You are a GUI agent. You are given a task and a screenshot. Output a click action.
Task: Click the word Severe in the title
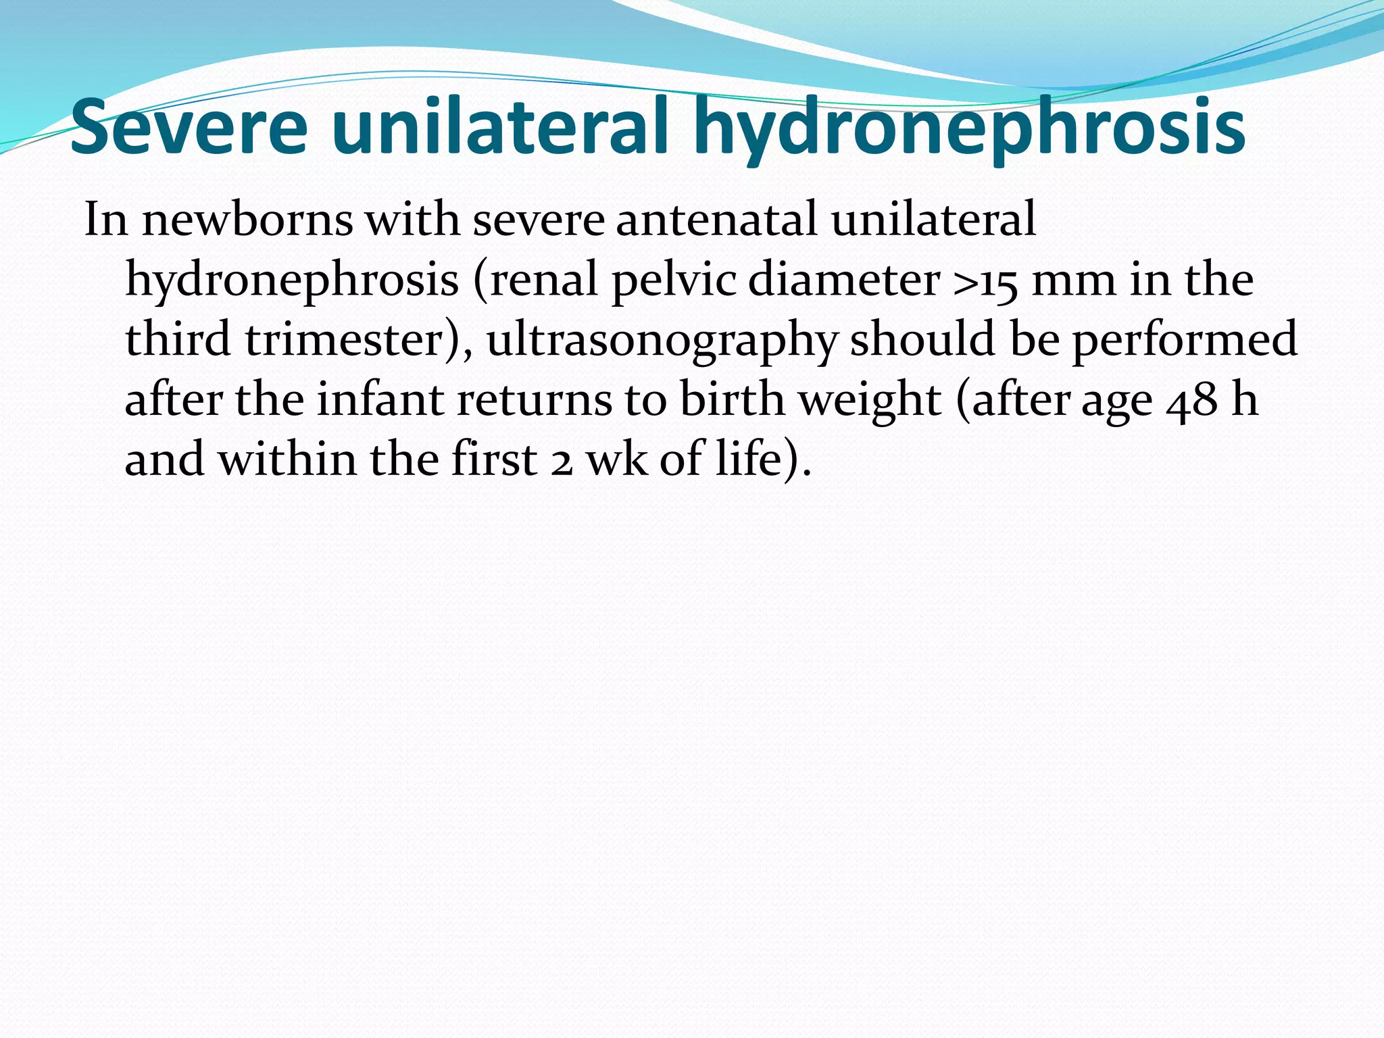[189, 127]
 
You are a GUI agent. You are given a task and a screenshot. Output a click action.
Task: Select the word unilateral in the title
[500, 127]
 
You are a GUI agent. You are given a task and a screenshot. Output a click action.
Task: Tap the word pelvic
[674, 280]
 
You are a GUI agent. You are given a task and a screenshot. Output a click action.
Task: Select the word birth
[732, 399]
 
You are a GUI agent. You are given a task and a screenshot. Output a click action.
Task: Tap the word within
[287, 459]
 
